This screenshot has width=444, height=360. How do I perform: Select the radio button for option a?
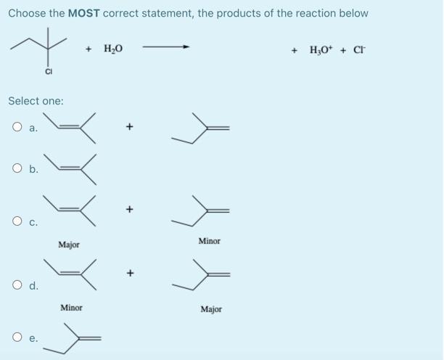[15, 127]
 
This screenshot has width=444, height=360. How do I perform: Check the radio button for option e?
[15, 338]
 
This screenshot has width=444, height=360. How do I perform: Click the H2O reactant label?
[113, 49]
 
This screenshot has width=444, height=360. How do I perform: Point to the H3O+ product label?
[321, 50]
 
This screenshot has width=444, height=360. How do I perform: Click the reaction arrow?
[166, 49]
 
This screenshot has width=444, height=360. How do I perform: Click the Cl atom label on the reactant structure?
[49, 71]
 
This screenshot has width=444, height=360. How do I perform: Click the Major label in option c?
[70, 245]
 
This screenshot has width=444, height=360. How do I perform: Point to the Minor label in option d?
[71, 308]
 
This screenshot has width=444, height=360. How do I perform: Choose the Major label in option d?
[210, 309]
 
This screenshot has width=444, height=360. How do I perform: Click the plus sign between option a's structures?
[130, 127]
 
